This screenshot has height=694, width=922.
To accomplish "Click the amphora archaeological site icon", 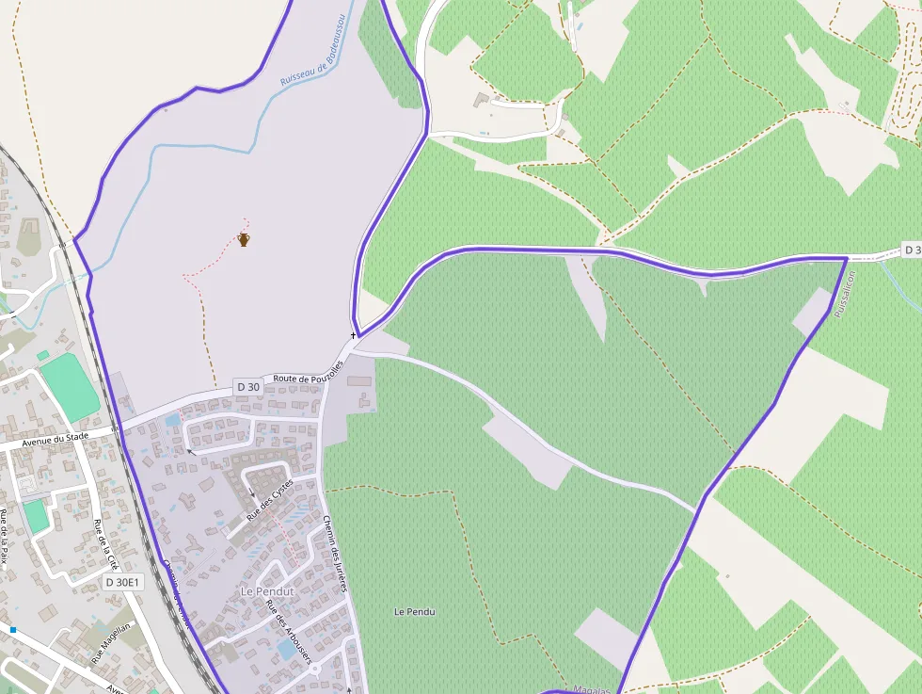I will (244, 239).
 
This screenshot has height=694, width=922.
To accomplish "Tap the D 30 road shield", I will (248, 386).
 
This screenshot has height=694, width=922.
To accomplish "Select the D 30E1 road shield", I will (122, 582).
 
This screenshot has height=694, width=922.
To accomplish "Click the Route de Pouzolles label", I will (309, 372).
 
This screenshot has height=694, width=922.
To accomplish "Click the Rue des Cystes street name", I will (270, 501).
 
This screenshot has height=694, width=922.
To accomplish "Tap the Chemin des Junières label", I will (335, 554).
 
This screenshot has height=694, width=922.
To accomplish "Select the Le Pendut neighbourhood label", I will (267, 591).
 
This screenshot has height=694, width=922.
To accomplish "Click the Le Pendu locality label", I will (414, 612).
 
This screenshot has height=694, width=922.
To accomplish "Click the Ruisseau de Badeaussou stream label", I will (314, 50).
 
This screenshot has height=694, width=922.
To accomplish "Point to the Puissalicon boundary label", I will (842, 293).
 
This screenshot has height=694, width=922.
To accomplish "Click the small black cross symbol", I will (354, 334).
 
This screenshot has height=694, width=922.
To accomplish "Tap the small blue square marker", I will (13, 629).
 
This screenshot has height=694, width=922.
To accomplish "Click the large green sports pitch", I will (70, 387).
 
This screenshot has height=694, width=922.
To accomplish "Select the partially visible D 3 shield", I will (911, 250).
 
